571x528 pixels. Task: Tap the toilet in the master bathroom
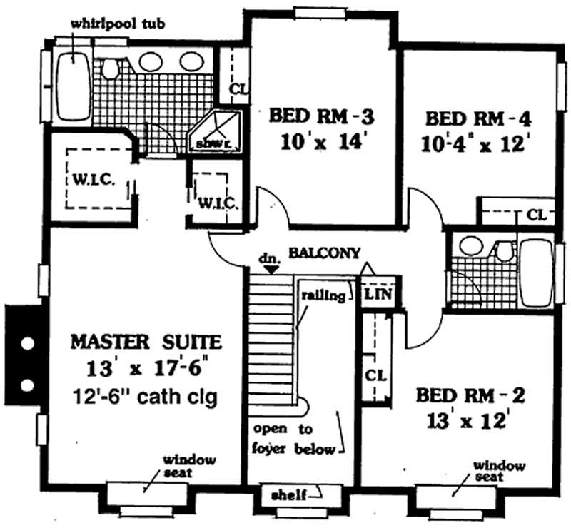110,68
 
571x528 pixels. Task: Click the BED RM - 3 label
321,116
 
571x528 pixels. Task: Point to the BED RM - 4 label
477,118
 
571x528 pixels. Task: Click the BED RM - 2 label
470,395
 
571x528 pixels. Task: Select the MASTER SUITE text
146,342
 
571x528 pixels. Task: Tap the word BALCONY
324,253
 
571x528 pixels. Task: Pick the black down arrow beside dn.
267,268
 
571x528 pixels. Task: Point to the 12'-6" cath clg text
146,395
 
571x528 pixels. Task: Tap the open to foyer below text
293,440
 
